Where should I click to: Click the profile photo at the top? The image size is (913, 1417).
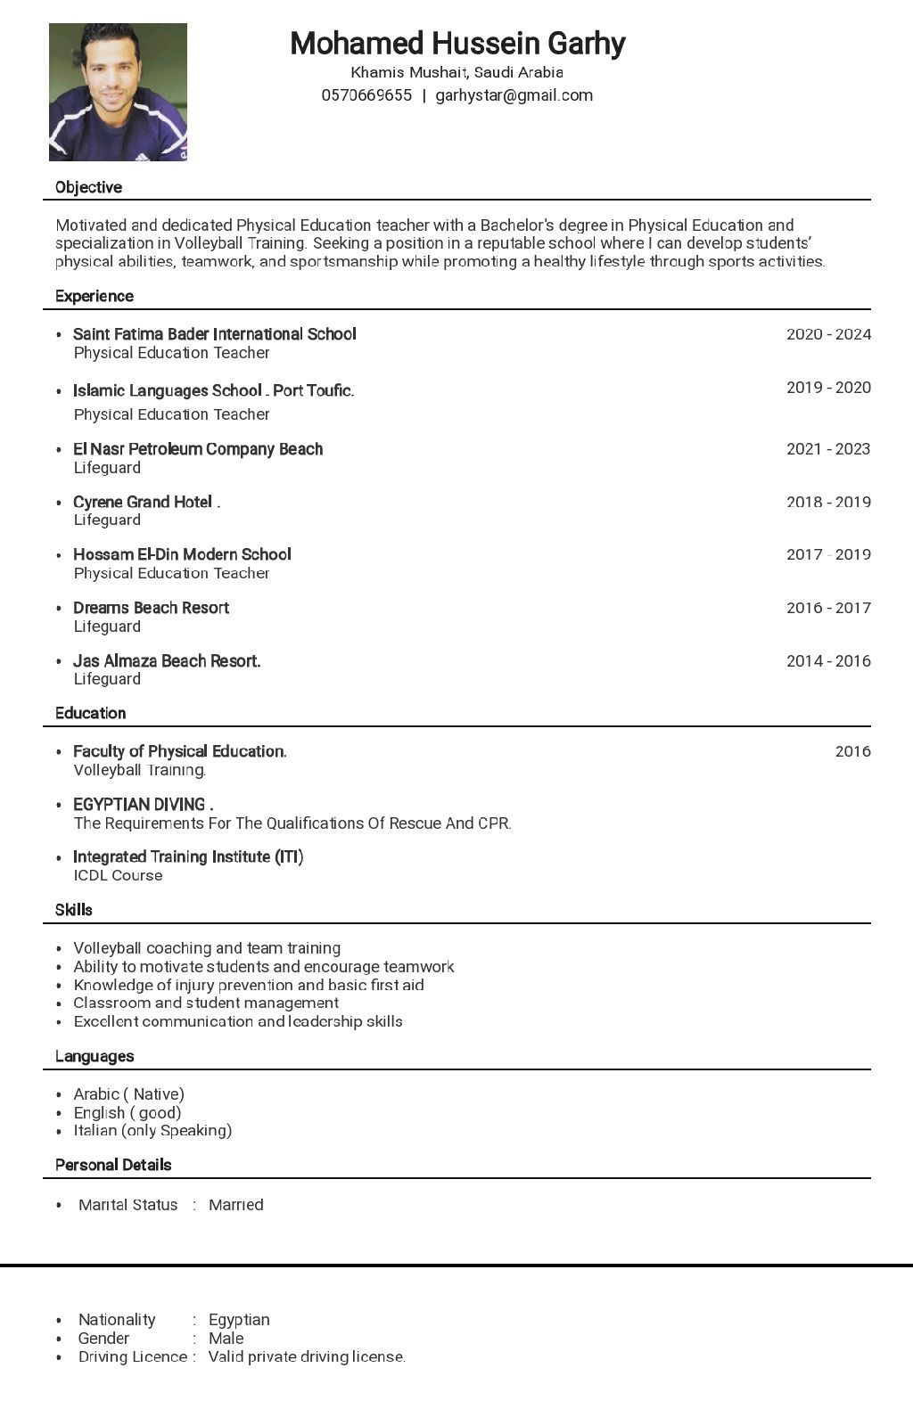point(118,92)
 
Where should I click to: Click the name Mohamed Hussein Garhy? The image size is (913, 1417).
point(457,43)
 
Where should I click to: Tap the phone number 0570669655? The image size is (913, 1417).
point(366,95)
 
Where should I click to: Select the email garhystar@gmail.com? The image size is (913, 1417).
point(514,95)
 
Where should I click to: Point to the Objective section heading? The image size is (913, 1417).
point(88,187)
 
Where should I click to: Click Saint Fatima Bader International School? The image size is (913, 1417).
point(214,334)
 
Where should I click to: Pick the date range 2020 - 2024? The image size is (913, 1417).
point(828,334)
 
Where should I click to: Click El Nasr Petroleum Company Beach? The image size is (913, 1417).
point(198,449)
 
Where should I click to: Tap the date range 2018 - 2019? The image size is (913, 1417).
point(828,502)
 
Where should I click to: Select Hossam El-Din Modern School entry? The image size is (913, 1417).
point(182,554)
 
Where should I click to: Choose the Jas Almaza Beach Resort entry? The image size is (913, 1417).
point(167,661)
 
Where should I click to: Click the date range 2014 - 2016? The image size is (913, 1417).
point(828,661)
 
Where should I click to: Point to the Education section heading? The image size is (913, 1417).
point(90,713)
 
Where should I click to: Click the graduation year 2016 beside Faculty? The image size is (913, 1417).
point(852,751)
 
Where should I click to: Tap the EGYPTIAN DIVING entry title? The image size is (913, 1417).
point(143,804)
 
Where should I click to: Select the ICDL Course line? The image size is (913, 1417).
point(118,875)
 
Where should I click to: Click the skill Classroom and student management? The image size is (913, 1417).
point(206,1003)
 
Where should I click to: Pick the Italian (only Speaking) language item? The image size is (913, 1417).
point(152,1130)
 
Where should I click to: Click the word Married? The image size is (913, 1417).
point(235,1205)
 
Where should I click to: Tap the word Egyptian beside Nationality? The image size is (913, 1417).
point(239,1320)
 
